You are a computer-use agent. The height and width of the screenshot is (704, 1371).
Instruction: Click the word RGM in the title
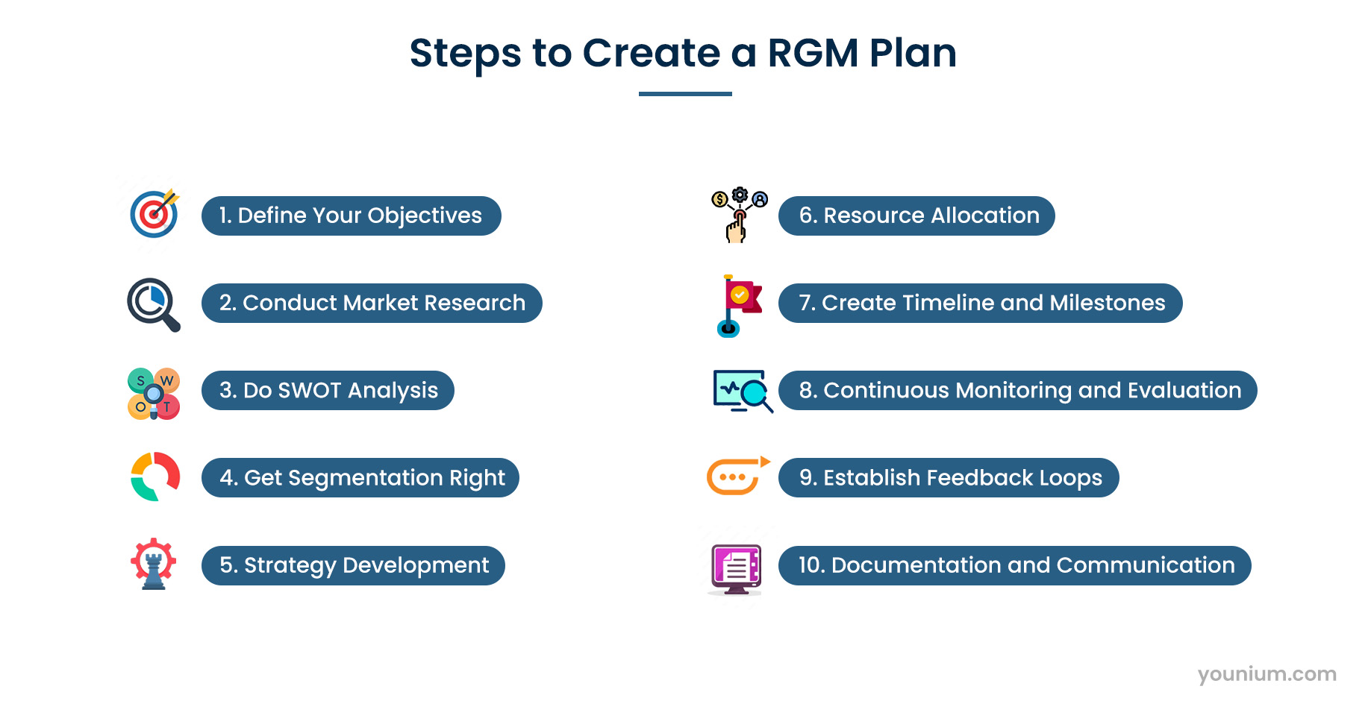point(813,54)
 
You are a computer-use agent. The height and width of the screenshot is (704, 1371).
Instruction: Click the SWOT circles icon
point(154,393)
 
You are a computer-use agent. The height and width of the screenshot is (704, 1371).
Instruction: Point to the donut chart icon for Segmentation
point(154,477)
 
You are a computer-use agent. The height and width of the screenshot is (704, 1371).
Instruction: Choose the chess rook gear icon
point(154,564)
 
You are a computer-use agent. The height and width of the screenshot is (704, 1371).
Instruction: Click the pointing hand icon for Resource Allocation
point(739,215)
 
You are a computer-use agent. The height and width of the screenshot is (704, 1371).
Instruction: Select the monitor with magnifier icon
point(743,391)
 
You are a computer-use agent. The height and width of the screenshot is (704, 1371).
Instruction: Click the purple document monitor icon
point(737,569)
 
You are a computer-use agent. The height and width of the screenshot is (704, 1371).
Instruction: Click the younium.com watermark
point(1267,674)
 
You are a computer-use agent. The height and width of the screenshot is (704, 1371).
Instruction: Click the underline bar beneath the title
point(685,94)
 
